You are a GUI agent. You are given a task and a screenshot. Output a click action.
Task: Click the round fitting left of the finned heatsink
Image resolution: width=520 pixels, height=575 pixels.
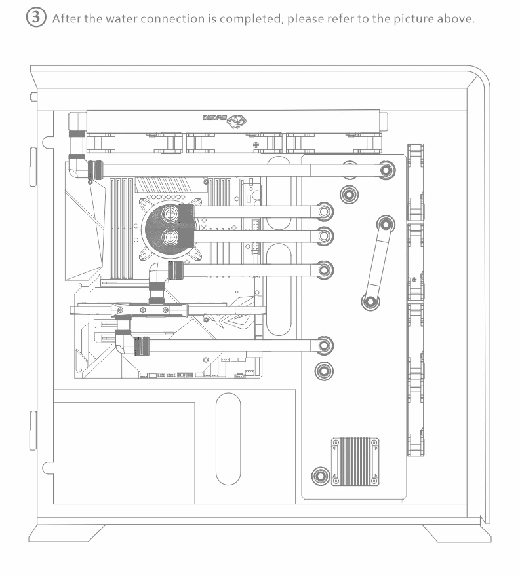click(321, 475)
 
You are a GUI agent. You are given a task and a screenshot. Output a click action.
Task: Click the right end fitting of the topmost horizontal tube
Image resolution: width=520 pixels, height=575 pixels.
click(387, 170)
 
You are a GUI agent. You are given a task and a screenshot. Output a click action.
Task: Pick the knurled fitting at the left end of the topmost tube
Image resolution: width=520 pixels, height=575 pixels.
click(96, 170)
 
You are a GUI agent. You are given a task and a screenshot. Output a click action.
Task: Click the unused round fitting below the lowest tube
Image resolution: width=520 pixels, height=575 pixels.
click(323, 371)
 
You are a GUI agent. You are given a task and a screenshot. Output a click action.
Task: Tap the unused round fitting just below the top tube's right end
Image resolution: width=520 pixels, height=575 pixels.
click(349, 193)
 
